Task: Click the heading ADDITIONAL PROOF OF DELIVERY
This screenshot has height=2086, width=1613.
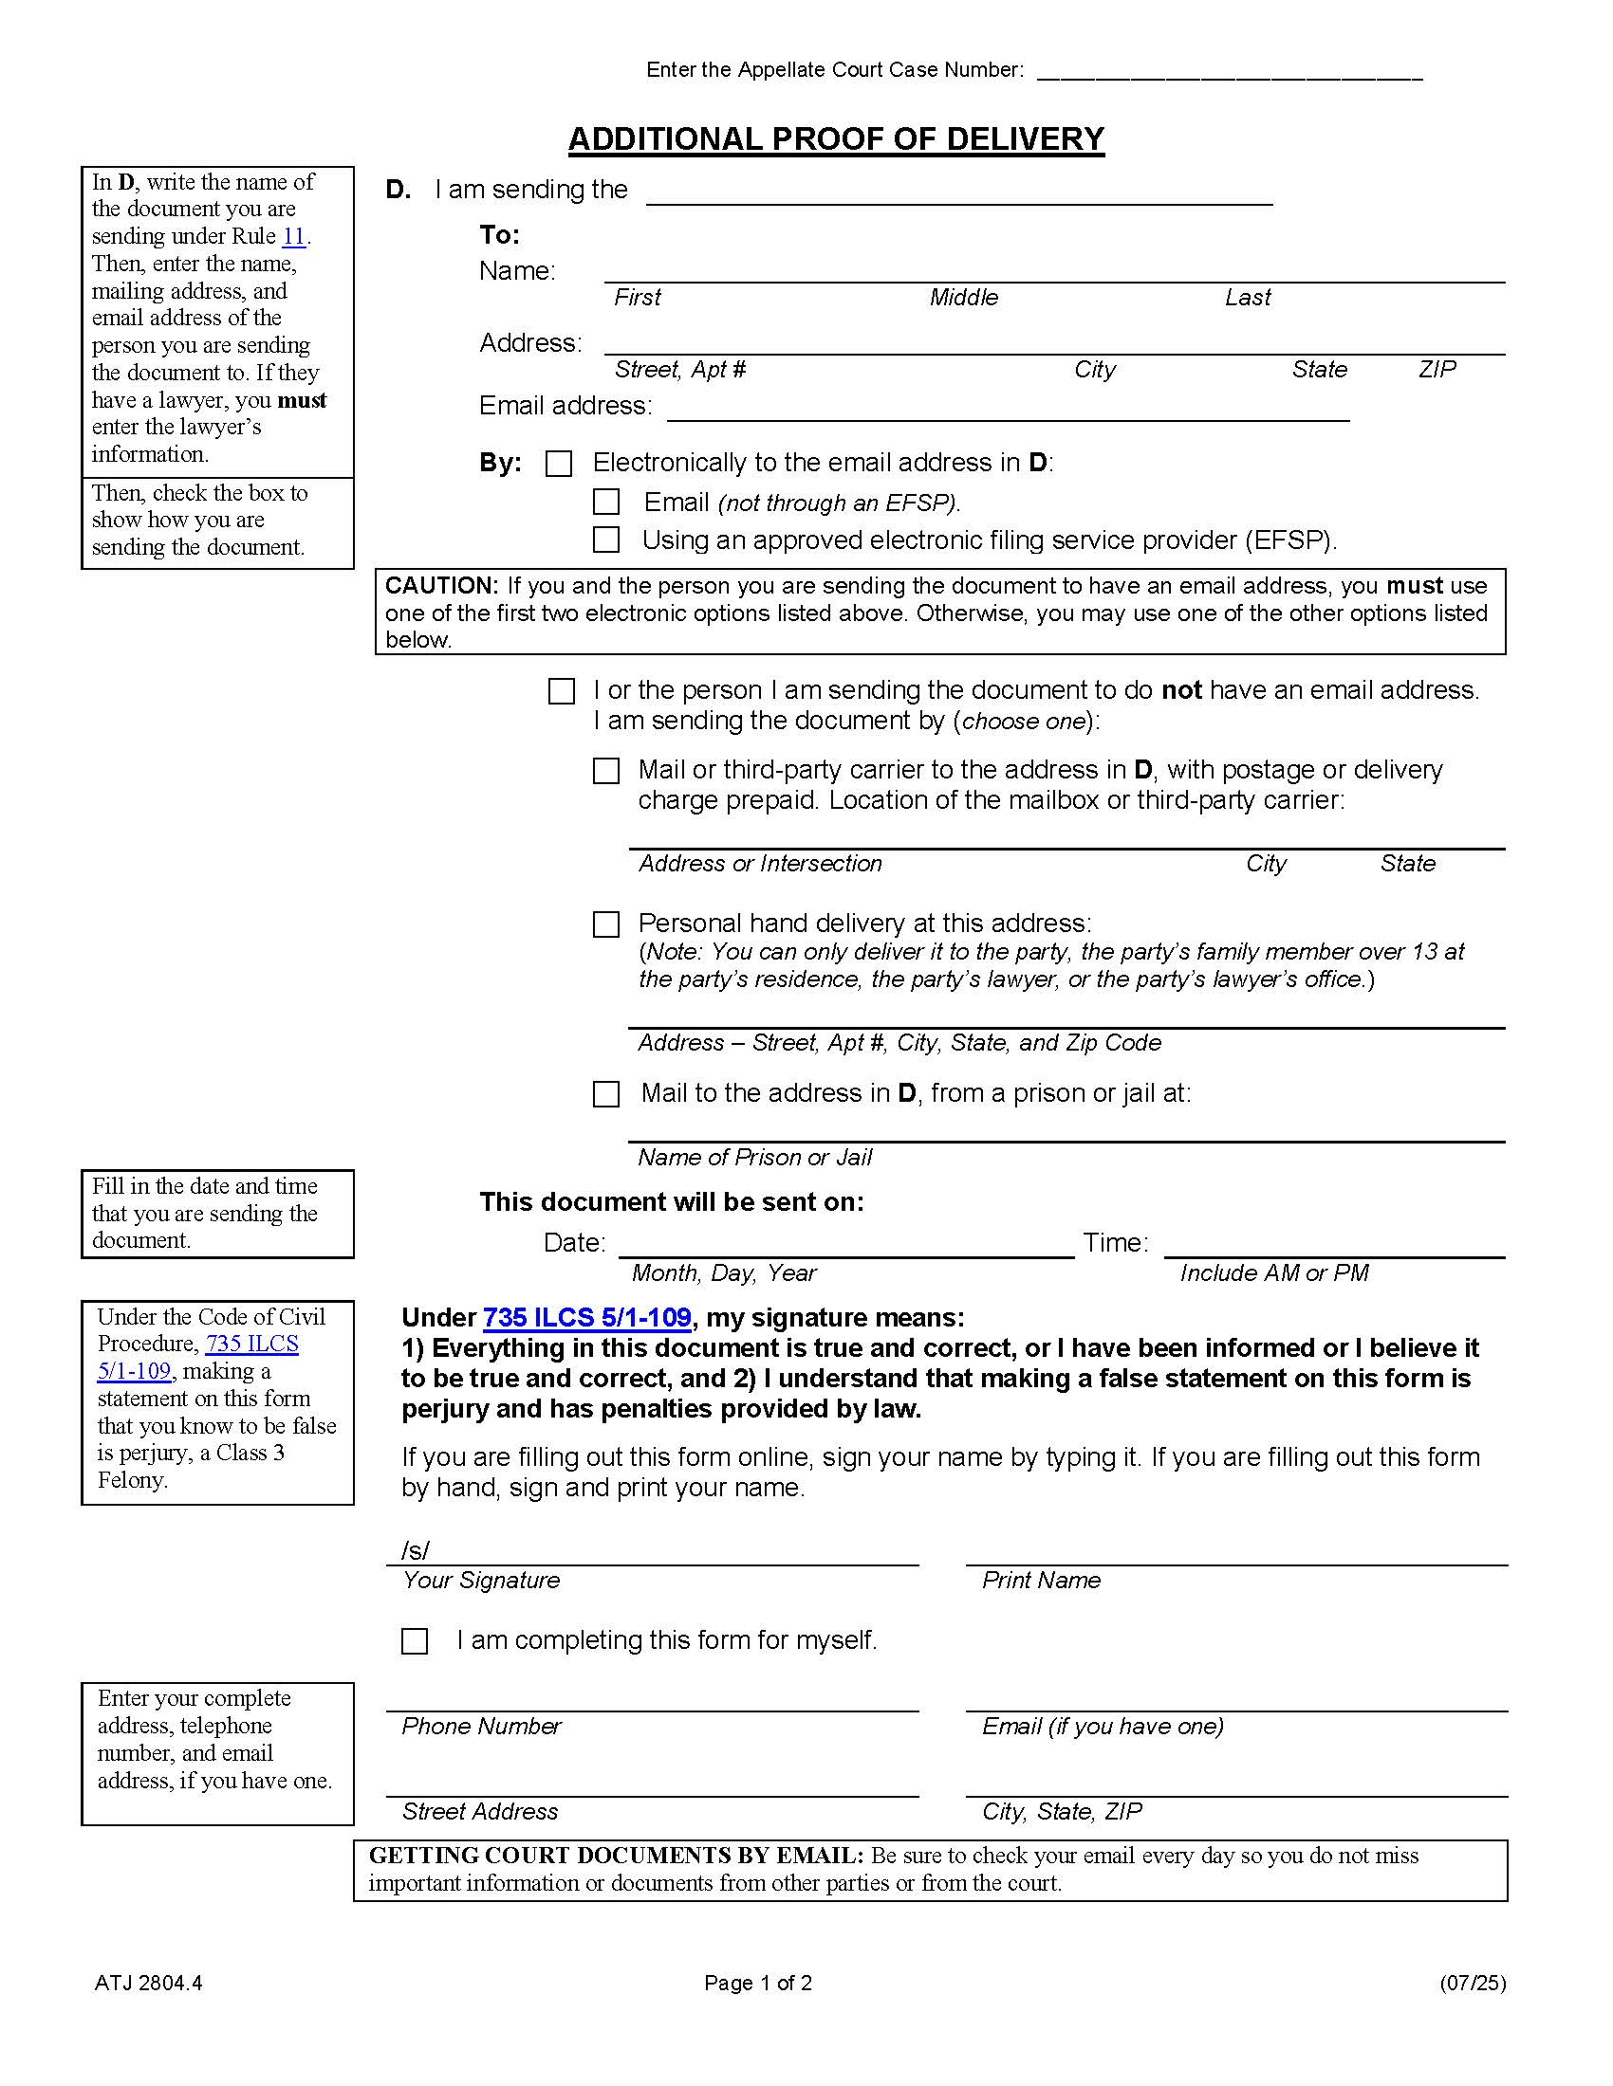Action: coord(836,139)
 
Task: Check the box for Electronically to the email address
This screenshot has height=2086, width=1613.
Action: coord(559,465)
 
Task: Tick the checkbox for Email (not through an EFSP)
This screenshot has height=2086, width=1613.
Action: coord(606,503)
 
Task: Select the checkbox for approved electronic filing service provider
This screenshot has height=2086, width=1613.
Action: coord(606,540)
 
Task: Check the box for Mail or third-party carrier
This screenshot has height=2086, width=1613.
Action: coord(606,771)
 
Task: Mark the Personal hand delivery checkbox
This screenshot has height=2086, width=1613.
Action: coord(606,924)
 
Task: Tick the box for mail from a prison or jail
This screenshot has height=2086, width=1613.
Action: coord(606,1093)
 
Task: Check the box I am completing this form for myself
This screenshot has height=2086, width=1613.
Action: coord(415,1641)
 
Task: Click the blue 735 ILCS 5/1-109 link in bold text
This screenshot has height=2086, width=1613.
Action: coord(586,1318)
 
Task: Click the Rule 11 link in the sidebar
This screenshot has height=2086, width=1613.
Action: coord(293,237)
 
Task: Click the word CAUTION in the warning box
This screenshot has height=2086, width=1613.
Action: coord(440,585)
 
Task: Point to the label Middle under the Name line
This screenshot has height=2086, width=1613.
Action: coord(963,298)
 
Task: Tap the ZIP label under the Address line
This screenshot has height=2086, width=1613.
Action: coord(1437,370)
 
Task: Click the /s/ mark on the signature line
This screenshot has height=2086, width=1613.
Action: coord(415,1551)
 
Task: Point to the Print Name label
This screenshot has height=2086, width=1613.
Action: coord(1041,1581)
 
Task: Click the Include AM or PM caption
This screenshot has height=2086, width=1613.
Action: coord(1273,1273)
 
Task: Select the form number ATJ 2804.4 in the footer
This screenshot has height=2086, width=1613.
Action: coord(149,1983)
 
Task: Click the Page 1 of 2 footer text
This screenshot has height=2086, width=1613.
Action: coord(758,1983)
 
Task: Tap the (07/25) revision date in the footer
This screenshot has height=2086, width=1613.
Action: coord(1472,1983)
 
